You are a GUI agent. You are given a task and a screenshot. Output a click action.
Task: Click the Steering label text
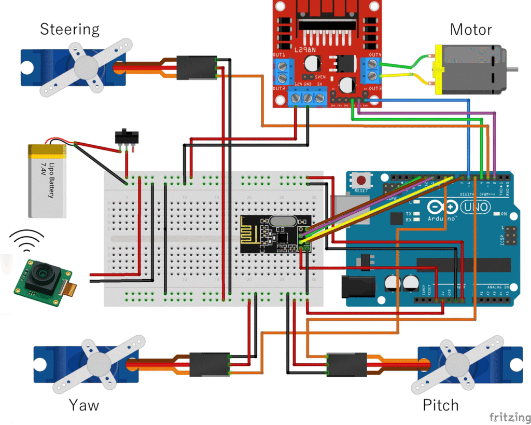69,29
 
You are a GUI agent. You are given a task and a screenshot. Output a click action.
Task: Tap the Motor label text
470,29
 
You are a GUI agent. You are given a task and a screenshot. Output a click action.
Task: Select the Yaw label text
83,404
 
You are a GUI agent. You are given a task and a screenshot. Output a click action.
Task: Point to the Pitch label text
440,405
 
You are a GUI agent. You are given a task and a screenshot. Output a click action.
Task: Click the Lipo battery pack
47,182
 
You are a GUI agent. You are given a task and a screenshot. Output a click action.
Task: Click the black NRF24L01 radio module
275,234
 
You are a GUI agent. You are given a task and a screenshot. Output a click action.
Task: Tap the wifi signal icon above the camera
29,240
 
